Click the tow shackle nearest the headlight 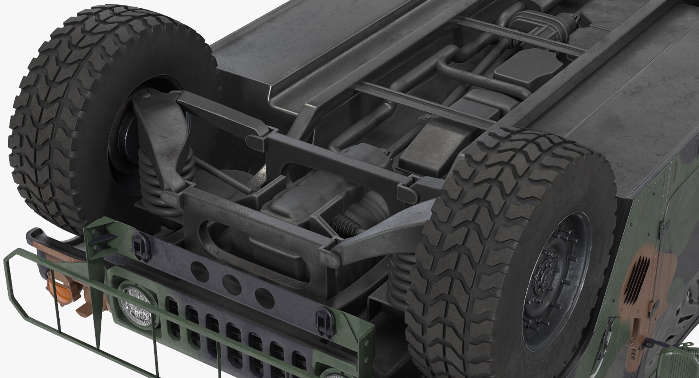(140, 247)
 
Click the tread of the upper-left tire (55, 120)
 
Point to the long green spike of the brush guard (97, 320)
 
